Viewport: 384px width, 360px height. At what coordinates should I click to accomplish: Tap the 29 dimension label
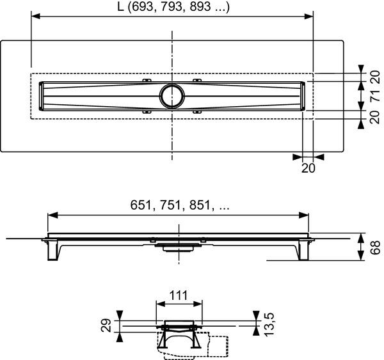click(109, 325)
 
